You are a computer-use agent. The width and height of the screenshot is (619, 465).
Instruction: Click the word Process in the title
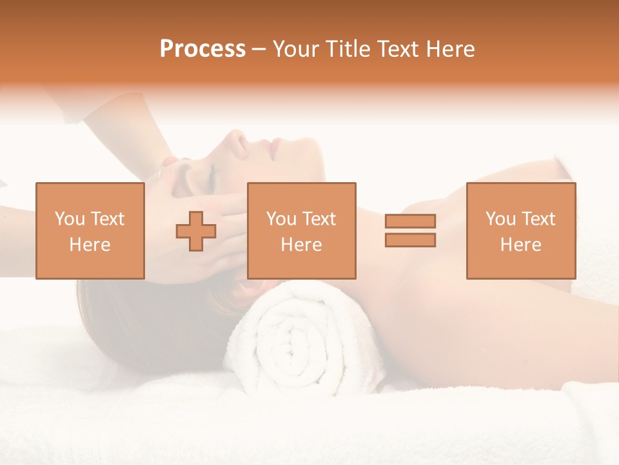pyautogui.click(x=202, y=49)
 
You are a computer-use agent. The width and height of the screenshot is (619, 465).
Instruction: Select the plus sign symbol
pyautogui.click(x=196, y=231)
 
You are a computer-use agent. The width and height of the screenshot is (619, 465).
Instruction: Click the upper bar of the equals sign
pyautogui.click(x=410, y=221)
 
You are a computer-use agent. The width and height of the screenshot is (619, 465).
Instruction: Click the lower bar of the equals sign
pyautogui.click(x=410, y=240)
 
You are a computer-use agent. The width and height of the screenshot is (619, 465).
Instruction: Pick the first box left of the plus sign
pyautogui.click(x=90, y=231)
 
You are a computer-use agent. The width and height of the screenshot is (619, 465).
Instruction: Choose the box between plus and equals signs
pyautogui.click(x=301, y=231)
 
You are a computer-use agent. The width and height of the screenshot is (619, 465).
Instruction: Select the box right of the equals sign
pyautogui.click(x=520, y=231)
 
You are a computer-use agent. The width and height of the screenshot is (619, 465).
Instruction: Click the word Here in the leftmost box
pyautogui.click(x=90, y=245)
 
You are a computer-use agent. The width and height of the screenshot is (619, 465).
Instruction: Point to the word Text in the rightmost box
pyautogui.click(x=539, y=219)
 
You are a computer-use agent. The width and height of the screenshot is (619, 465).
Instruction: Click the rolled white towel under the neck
pyautogui.click(x=303, y=336)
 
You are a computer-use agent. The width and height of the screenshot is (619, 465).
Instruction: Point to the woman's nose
pyautogui.click(x=238, y=141)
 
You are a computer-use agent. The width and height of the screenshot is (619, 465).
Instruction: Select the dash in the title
pyautogui.click(x=259, y=49)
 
